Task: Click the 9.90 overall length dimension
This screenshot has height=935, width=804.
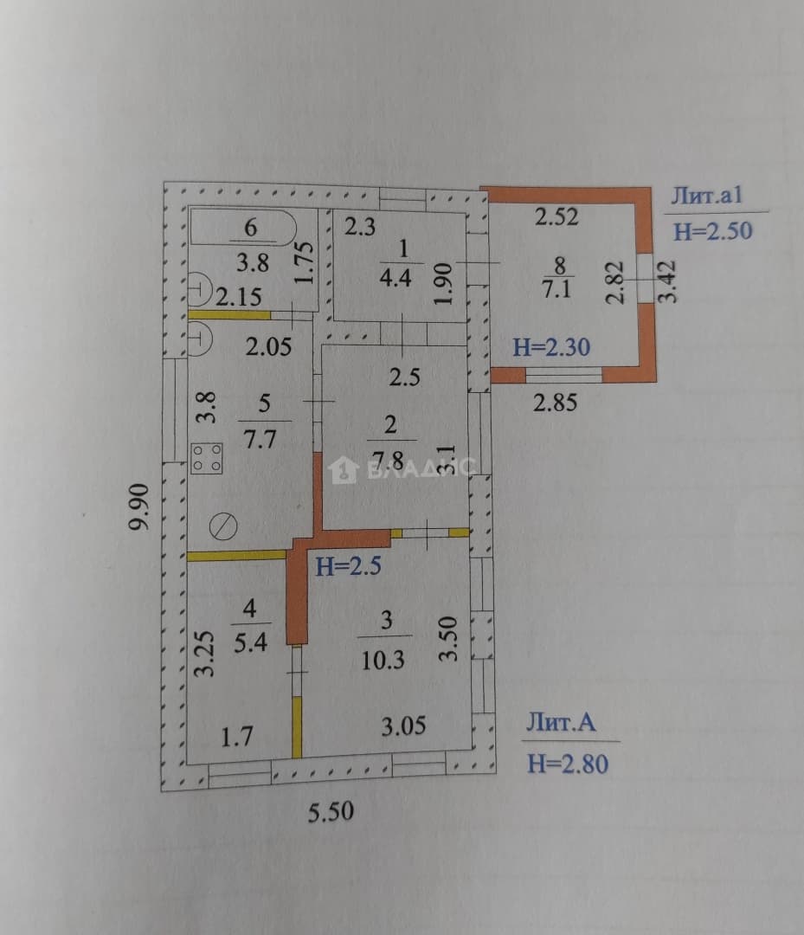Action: pyautogui.click(x=140, y=506)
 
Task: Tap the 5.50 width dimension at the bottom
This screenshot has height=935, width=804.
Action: pyautogui.click(x=331, y=811)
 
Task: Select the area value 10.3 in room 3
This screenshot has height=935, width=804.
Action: pyautogui.click(x=383, y=661)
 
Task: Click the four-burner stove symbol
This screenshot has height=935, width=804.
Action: pyautogui.click(x=207, y=458)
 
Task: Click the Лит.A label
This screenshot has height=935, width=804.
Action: pyautogui.click(x=560, y=723)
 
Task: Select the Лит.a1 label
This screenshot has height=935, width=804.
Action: pyautogui.click(x=707, y=196)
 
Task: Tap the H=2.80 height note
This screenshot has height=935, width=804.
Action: pyautogui.click(x=568, y=764)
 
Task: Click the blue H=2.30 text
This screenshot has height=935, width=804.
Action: pyautogui.click(x=551, y=347)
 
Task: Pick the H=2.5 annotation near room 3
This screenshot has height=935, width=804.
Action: pyautogui.click(x=348, y=566)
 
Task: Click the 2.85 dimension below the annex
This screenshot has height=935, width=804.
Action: pyautogui.click(x=555, y=403)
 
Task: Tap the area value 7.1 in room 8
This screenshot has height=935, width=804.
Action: pyautogui.click(x=556, y=289)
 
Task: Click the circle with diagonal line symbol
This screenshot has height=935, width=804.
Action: pyautogui.click(x=223, y=526)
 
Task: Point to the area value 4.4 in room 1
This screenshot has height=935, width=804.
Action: pyautogui.click(x=396, y=278)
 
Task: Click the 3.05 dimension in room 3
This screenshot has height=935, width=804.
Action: pyautogui.click(x=403, y=726)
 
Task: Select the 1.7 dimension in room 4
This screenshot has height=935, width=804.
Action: pyautogui.click(x=236, y=737)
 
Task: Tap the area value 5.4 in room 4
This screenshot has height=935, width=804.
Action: pyautogui.click(x=250, y=642)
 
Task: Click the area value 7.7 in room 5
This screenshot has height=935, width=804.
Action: pyautogui.click(x=260, y=440)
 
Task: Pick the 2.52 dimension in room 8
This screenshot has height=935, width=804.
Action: pyautogui.click(x=556, y=217)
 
